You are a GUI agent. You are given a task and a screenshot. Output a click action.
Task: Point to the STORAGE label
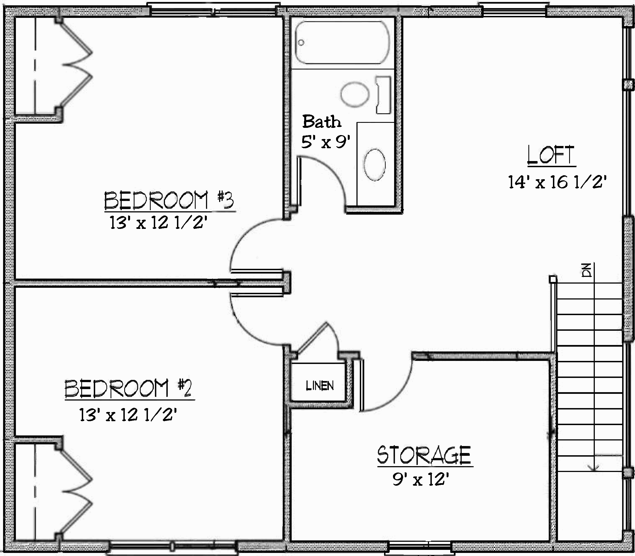tap(424, 455)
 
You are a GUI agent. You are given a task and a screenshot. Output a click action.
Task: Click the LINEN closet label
tap(320, 386)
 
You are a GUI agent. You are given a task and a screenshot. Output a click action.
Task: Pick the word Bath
tap(322, 122)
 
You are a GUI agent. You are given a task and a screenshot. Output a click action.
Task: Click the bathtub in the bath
tap(342, 42)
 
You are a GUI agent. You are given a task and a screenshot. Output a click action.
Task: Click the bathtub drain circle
tap(301, 42)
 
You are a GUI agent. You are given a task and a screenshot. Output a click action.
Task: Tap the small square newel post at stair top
tap(552, 279)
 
